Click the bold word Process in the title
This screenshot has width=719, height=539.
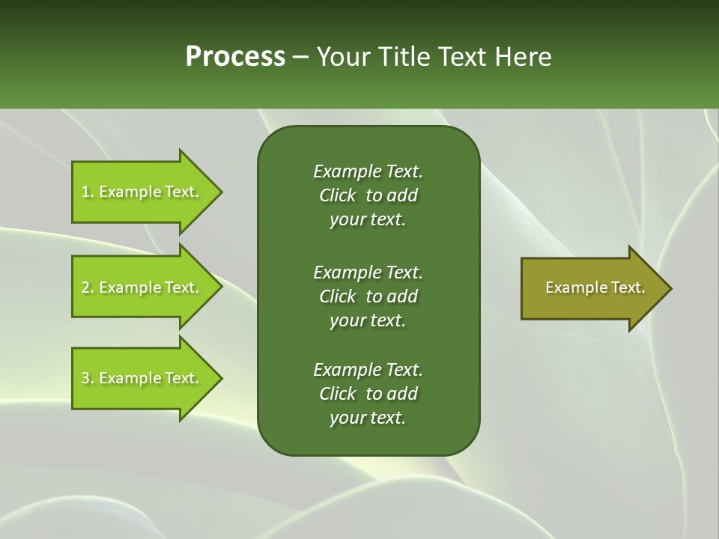[235, 56]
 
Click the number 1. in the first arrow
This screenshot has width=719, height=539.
[87, 192]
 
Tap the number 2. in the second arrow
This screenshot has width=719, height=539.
[87, 287]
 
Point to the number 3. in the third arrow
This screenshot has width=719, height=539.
[87, 378]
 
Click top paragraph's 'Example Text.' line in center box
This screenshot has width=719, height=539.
[368, 171]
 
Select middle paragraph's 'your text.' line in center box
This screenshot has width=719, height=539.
[368, 320]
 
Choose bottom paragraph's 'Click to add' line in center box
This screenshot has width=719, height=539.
[368, 394]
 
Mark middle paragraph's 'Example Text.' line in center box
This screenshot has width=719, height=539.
[368, 272]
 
